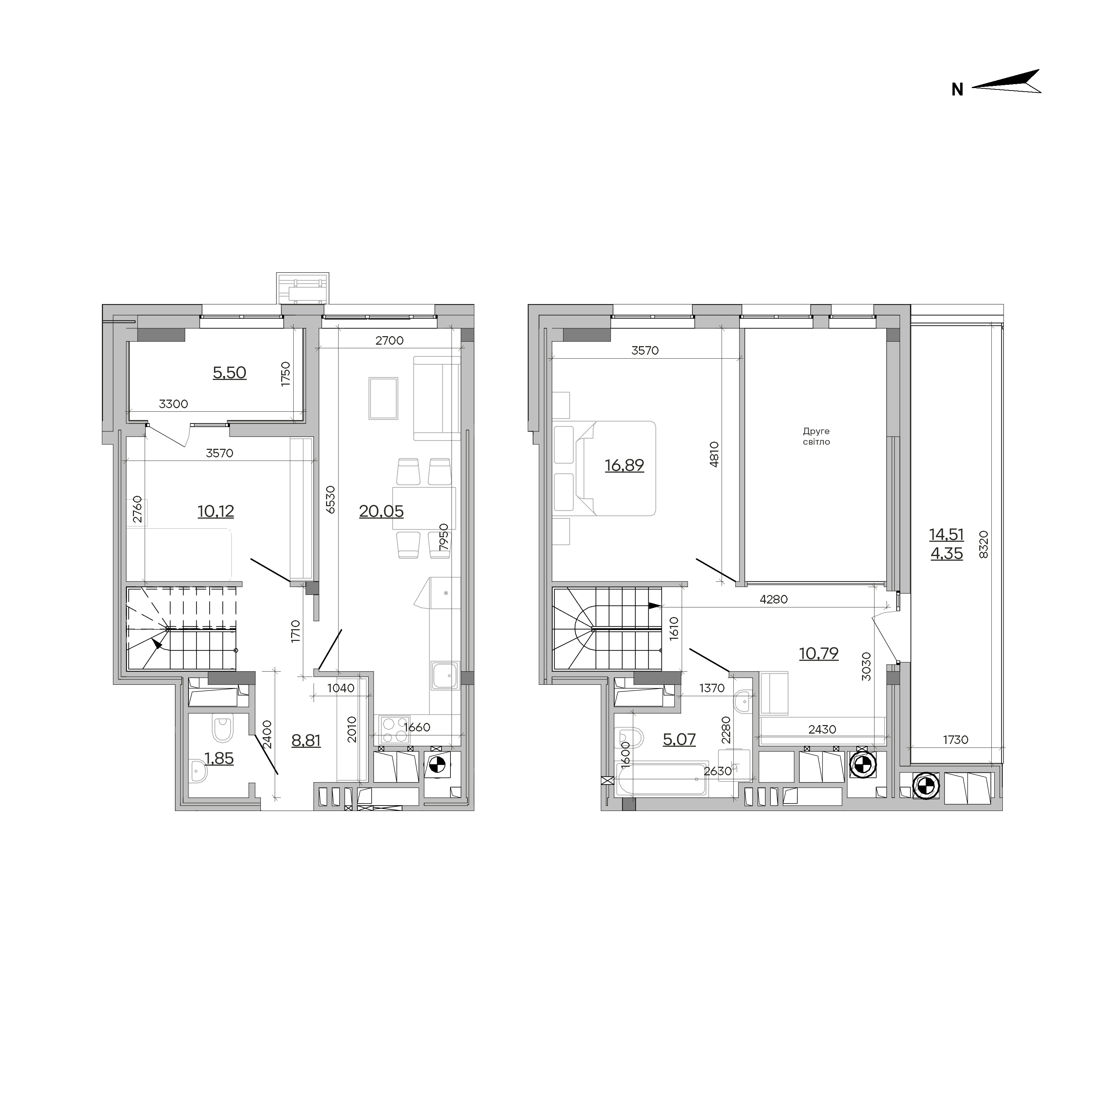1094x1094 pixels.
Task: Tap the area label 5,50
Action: [229, 373]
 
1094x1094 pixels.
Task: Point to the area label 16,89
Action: [624, 466]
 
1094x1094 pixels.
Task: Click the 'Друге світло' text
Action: [816, 437]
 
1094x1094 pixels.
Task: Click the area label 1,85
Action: [219, 759]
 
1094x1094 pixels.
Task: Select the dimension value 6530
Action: [331, 500]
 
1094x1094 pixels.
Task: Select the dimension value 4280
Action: [774, 600]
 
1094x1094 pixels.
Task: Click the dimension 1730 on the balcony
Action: [955, 739]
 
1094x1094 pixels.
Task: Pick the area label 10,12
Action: [216, 512]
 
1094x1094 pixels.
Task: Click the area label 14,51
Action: [946, 534]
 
